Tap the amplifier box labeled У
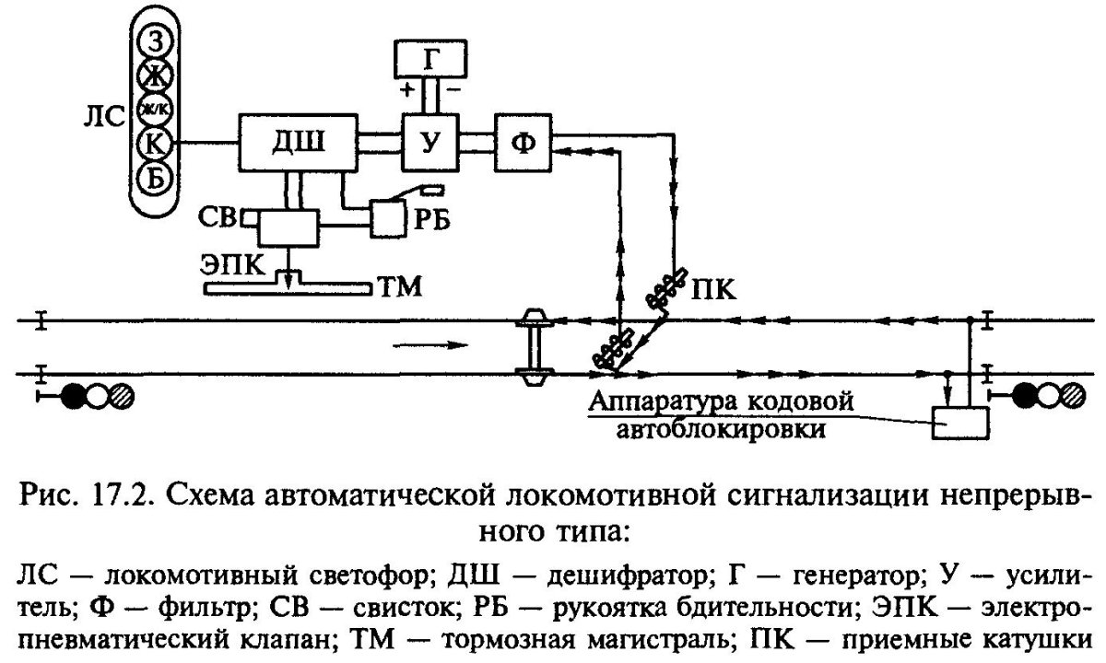426,143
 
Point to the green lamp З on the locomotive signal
157,41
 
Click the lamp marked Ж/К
157,109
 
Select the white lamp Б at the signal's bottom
157,177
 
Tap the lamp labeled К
157,143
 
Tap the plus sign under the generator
406,91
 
